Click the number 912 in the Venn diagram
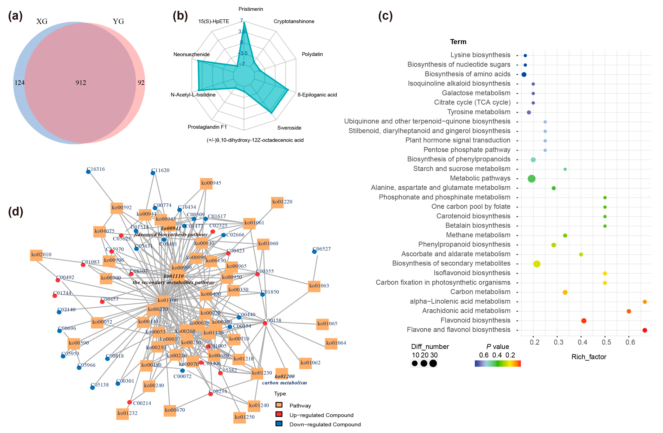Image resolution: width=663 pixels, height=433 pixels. click(x=81, y=83)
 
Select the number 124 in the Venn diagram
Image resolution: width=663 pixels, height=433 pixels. click(x=20, y=83)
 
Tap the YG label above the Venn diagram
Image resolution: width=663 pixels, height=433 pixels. click(x=118, y=21)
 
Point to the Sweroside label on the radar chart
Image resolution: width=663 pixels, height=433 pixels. click(x=289, y=128)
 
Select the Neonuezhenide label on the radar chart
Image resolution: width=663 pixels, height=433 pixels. click(x=191, y=54)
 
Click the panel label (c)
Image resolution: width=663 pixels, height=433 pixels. click(x=385, y=16)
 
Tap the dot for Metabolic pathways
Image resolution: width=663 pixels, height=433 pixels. click(x=532, y=179)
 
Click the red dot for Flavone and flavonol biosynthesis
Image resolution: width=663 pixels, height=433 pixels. click(x=645, y=330)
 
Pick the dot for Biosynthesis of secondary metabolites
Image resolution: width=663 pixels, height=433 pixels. click(x=537, y=264)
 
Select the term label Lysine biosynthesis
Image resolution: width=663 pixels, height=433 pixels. click(x=480, y=55)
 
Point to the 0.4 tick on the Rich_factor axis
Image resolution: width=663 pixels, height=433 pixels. click(x=582, y=342)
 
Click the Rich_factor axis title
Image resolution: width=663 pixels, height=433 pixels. click(x=589, y=357)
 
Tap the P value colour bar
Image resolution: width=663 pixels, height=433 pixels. click(x=498, y=363)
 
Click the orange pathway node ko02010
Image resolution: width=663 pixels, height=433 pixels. click(x=36, y=255)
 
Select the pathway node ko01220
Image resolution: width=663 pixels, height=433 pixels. click(x=277, y=202)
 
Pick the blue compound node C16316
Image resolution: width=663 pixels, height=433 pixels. click(x=88, y=172)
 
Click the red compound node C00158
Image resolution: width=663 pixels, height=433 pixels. click(x=265, y=323)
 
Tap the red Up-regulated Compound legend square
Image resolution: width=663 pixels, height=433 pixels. click(x=279, y=414)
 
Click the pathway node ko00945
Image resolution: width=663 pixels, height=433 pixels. click(x=206, y=183)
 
